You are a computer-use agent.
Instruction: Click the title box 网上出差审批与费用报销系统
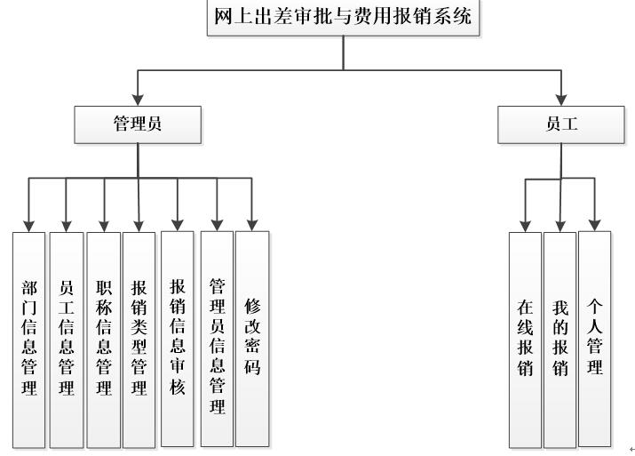point(343,18)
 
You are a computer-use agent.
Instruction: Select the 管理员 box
point(138,124)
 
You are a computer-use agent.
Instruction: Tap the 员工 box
point(561,124)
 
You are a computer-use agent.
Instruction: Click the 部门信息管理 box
point(29,338)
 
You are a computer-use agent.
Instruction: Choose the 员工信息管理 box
point(66,338)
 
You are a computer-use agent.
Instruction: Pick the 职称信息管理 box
point(104,338)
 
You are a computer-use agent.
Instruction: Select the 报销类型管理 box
point(139,338)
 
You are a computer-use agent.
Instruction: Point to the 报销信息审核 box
point(178,338)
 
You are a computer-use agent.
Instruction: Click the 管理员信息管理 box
point(216,338)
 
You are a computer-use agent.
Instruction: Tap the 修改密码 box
point(252,338)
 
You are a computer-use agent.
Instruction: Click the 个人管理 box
point(595,338)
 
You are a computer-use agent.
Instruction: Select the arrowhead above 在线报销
point(525,224)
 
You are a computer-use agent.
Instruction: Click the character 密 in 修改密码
point(252,345)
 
